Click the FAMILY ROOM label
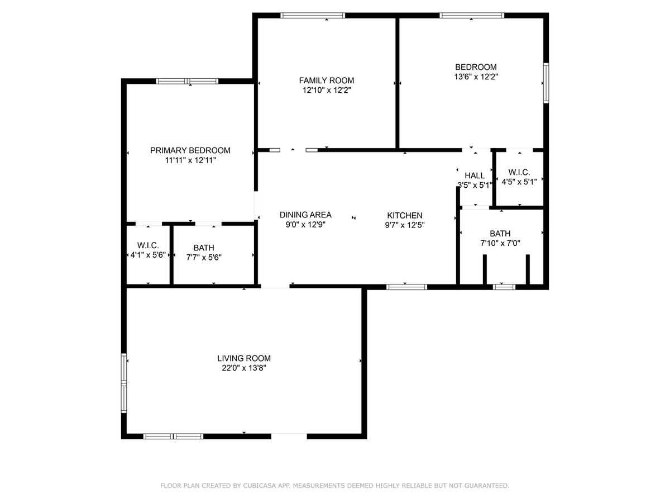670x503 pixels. click(x=326, y=80)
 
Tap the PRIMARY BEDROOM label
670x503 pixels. click(x=190, y=150)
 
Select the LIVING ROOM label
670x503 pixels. click(x=244, y=358)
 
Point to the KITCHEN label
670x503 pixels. click(x=405, y=215)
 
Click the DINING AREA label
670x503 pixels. click(x=305, y=215)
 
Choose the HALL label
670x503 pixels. click(x=475, y=175)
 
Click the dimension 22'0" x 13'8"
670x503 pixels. click(x=244, y=368)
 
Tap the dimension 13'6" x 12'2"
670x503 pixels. click(x=475, y=77)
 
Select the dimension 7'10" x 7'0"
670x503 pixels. click(x=500, y=243)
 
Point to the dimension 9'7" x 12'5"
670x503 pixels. click(x=405, y=225)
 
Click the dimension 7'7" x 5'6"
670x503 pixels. click(x=204, y=257)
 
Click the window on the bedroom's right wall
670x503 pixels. click(x=546, y=83)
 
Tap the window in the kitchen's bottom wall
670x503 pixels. click(x=406, y=287)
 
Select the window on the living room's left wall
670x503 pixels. click(x=125, y=383)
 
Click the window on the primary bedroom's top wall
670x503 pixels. click(x=187, y=81)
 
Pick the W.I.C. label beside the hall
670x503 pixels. click(x=519, y=172)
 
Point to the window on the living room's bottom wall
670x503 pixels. click(x=173, y=436)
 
